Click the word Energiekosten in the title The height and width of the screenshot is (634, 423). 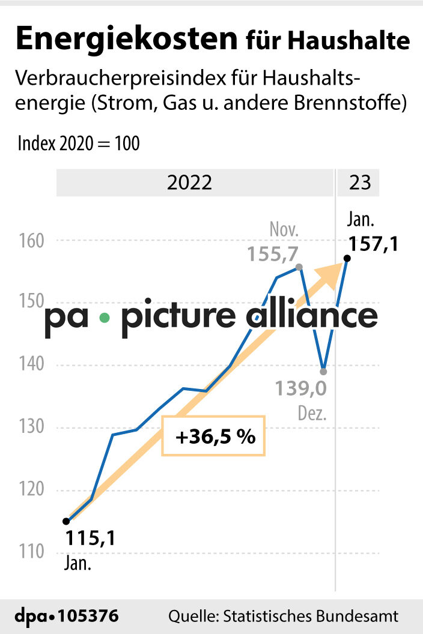coord(126,40)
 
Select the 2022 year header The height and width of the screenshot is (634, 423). coord(190,183)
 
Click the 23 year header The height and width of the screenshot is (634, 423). coord(360,183)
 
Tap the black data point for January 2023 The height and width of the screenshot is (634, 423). coord(347,258)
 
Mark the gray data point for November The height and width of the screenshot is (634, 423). coord(299,267)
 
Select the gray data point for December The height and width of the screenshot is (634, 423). coord(323,371)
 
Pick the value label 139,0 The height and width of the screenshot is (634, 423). coord(301,389)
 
